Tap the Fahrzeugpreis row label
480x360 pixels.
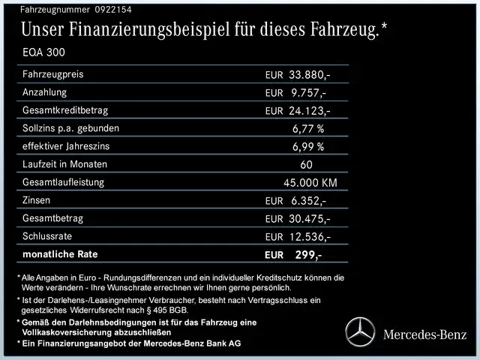[53, 75]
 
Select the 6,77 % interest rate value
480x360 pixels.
[308, 128]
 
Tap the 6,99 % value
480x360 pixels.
[308, 146]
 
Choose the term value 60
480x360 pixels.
[306, 164]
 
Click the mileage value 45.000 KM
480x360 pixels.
[310, 183]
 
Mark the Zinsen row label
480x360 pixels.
[38, 200]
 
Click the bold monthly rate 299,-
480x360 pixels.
[308, 256]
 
